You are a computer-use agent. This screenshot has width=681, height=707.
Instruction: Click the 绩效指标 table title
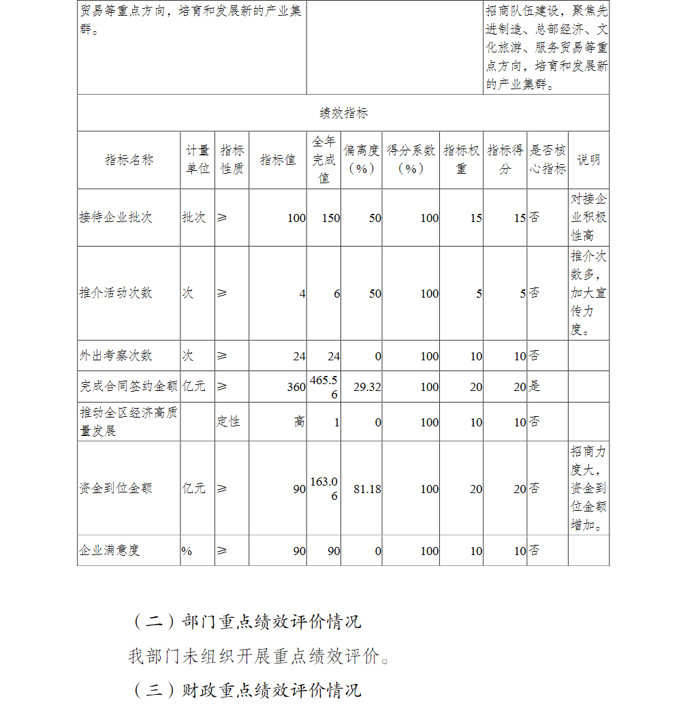tap(343, 113)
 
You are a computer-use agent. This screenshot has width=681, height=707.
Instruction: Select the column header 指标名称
tap(129, 160)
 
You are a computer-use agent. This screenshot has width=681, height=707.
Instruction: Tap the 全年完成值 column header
tap(323, 160)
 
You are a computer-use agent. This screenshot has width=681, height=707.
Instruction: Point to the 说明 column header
tap(588, 160)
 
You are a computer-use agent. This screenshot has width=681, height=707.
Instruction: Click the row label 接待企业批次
tap(116, 218)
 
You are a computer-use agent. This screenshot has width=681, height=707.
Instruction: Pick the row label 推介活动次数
tap(116, 294)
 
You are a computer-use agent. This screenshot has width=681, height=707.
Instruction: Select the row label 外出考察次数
tap(116, 356)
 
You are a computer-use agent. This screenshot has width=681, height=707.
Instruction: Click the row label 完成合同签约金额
tap(129, 387)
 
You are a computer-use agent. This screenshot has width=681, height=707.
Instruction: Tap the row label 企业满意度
tap(110, 551)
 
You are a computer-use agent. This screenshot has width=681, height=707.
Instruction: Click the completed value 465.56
tap(323, 386)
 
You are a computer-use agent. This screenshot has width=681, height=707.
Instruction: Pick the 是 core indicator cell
tap(535, 387)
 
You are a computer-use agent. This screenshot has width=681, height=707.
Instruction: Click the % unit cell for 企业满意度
tap(187, 551)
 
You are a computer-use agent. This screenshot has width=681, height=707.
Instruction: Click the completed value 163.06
tap(323, 488)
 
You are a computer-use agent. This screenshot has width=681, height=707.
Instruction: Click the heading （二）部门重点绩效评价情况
tap(245, 622)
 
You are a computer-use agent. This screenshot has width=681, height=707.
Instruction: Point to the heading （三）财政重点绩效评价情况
tap(245, 690)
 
